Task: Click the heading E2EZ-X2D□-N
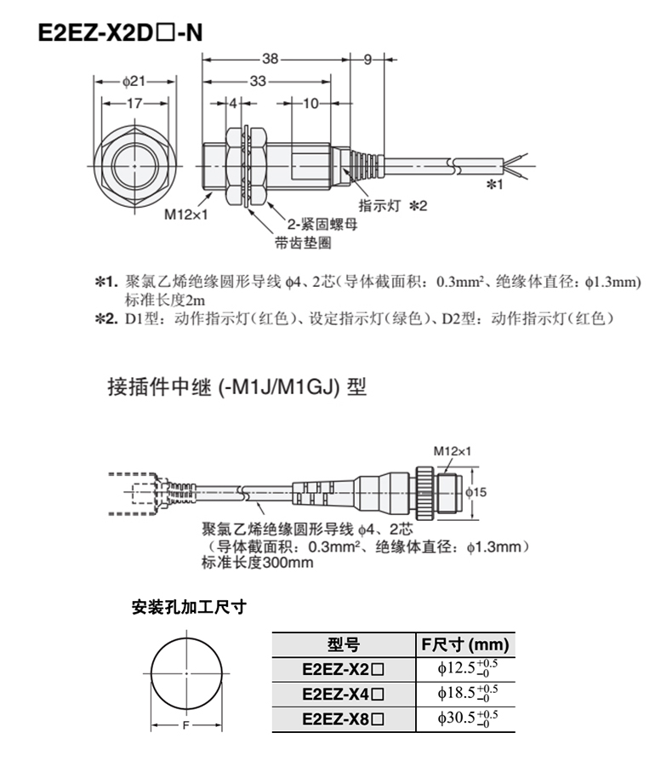pos(118,33)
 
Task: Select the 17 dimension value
pos(135,103)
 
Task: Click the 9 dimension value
pos(367,60)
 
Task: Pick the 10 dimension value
pos(310,103)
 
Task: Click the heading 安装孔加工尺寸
pos(189,607)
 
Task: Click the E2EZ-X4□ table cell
pos(343,694)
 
